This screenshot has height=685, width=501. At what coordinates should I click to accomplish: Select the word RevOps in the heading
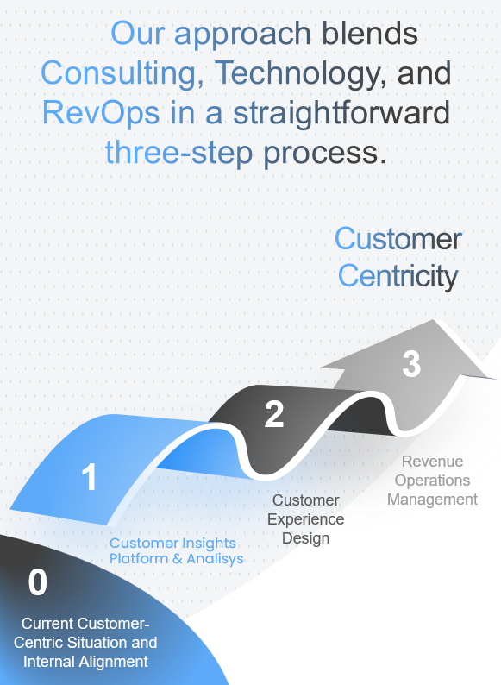tap(101, 112)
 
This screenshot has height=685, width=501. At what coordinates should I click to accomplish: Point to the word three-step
tap(179, 153)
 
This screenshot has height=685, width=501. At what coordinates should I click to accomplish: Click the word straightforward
tap(341, 112)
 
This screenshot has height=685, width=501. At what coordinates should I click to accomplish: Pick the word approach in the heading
tap(242, 34)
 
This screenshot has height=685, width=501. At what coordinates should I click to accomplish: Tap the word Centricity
tap(398, 277)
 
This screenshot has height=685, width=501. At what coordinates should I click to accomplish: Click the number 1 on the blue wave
tap(89, 476)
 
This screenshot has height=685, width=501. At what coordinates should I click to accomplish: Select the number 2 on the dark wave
tap(274, 414)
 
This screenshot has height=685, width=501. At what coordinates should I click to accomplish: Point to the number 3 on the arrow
tap(411, 363)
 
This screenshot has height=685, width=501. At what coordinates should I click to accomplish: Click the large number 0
tap(38, 582)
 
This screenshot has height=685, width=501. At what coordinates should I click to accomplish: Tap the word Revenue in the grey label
tap(432, 462)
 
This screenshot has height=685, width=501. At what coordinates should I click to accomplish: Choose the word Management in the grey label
tap(432, 500)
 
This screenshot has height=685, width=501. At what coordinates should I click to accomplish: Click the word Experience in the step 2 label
tap(306, 519)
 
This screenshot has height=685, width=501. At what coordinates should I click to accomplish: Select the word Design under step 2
tap(306, 538)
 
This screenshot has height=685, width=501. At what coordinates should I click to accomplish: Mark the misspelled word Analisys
tap(215, 559)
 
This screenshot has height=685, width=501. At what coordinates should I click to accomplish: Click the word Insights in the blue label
tap(209, 543)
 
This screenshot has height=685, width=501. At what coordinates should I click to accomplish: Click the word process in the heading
tap(325, 153)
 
